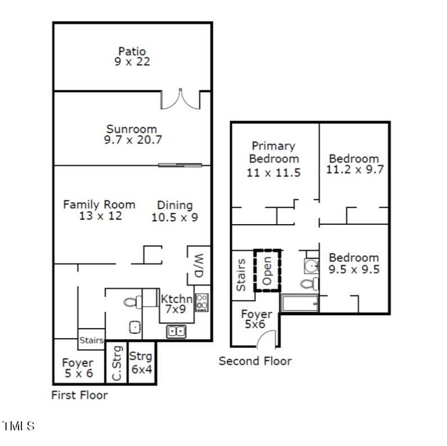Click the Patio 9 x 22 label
(x=132, y=57)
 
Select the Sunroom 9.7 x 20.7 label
(x=133, y=135)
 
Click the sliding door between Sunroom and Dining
(x=179, y=165)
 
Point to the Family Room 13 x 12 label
(x=99, y=210)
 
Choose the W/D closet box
(x=198, y=265)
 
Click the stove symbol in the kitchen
(x=202, y=303)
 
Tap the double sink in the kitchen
(x=176, y=331)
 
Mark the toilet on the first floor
(x=131, y=302)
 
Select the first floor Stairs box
(x=91, y=340)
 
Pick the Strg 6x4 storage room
(x=141, y=362)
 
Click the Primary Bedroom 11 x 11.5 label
(x=273, y=159)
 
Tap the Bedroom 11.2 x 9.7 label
(x=354, y=163)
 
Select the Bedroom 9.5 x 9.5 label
(x=354, y=263)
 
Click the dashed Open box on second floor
(x=267, y=270)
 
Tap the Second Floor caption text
(x=255, y=361)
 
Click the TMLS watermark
(x=18, y=426)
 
